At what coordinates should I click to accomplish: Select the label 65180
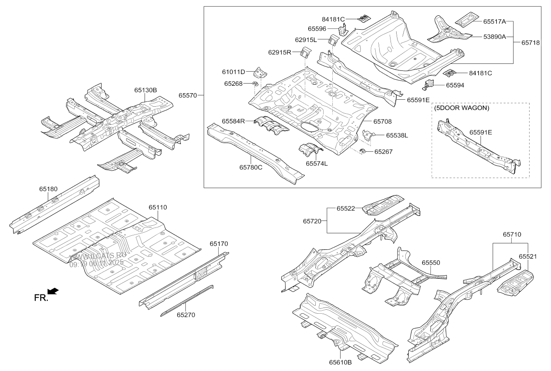pos(48,189)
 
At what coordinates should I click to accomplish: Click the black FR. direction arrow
pos(53,291)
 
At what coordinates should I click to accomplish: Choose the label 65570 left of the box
pos(188,94)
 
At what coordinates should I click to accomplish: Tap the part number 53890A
pos(495,37)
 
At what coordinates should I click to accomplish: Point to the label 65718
pos(531,43)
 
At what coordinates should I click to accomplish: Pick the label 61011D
pos(234,72)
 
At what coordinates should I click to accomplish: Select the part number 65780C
pos(251,167)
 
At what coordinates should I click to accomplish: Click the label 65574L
pos(317,164)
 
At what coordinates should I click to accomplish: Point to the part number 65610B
pos(340,362)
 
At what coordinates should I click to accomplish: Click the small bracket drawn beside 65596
pos(344,29)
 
